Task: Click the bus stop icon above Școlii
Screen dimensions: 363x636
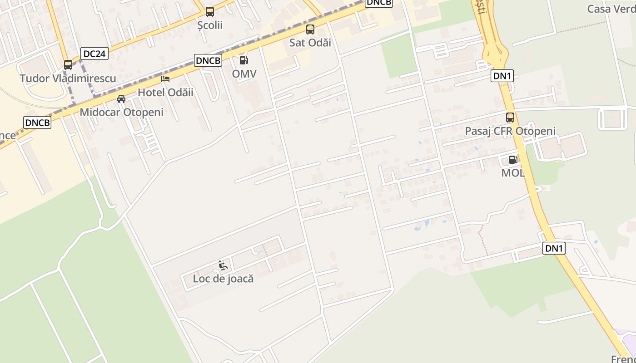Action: tap(209, 12)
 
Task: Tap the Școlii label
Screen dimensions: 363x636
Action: tap(210, 25)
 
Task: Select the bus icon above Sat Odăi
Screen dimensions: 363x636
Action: tap(310, 29)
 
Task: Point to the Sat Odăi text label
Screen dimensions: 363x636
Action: tap(310, 43)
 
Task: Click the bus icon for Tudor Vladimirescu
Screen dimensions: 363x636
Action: tap(68, 65)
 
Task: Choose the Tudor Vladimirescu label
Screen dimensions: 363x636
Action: tap(68, 78)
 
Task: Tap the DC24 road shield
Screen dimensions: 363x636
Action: tap(94, 54)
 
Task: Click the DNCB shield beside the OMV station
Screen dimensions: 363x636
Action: tap(208, 60)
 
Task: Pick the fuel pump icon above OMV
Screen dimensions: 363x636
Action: tap(244, 60)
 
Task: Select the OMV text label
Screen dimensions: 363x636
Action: tap(244, 74)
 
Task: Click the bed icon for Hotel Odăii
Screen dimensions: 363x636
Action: tap(165, 79)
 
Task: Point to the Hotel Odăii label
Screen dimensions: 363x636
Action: tap(165, 93)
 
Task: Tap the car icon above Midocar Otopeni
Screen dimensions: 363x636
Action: tap(121, 99)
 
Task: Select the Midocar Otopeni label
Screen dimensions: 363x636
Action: tap(121, 112)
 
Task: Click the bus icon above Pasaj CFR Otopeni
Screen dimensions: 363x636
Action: tap(510, 118)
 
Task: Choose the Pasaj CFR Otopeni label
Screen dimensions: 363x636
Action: tap(510, 131)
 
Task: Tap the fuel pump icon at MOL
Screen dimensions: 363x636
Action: tap(513, 159)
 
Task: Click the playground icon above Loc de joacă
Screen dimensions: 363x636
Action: tap(223, 265)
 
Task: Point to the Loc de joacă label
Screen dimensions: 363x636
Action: tap(223, 279)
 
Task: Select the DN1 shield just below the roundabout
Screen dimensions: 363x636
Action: tap(502, 76)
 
